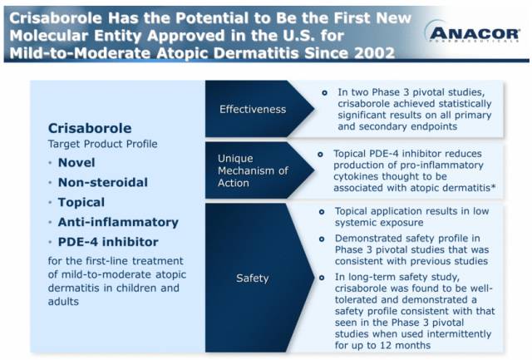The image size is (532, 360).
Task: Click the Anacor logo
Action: (x=472, y=33)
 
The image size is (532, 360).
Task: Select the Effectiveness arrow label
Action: (x=253, y=109)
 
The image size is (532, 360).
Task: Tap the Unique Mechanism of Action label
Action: (x=253, y=170)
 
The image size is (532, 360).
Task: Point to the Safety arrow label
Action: (x=252, y=279)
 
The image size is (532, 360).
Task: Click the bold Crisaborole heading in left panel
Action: (x=90, y=128)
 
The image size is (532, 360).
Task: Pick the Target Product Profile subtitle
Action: (x=102, y=144)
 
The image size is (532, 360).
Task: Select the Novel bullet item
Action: (x=76, y=162)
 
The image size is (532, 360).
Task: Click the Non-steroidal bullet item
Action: (x=103, y=182)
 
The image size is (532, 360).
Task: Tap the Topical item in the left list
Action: (x=81, y=202)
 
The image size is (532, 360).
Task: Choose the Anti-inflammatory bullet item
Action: (x=118, y=222)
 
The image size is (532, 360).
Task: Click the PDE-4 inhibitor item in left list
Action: (x=108, y=242)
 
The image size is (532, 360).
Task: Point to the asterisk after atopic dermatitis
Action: (x=493, y=186)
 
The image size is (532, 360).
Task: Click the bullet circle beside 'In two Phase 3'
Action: (x=324, y=92)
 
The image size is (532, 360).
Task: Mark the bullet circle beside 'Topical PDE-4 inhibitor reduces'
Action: (x=320, y=155)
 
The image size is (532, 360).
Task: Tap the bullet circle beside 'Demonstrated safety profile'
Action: (x=322, y=239)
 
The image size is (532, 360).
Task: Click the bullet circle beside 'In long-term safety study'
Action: (x=322, y=278)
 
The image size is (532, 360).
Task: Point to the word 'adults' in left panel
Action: (x=63, y=301)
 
